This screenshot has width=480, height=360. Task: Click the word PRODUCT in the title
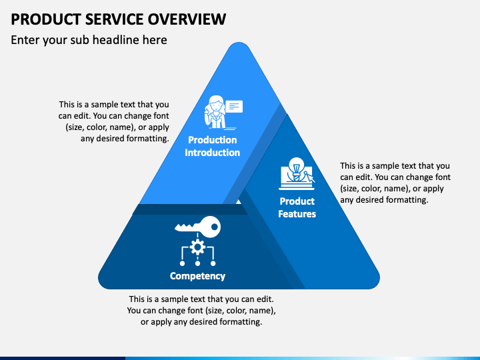click(x=45, y=19)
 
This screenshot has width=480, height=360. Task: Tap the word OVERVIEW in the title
click(x=187, y=19)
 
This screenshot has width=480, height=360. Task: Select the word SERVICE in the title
click(x=114, y=19)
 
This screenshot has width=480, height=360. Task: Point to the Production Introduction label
click(x=213, y=146)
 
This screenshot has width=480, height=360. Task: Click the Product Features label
click(x=297, y=207)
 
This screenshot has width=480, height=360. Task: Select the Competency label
click(x=197, y=276)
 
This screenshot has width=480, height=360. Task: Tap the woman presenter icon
click(x=216, y=112)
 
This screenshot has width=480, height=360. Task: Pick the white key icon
click(x=198, y=227)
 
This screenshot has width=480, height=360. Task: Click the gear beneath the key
click(x=197, y=247)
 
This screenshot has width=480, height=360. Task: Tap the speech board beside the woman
click(x=234, y=107)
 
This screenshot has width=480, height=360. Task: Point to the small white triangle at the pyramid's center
click(x=239, y=202)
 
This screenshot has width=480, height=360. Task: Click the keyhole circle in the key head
click(x=214, y=227)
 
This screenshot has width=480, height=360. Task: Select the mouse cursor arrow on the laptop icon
click(x=311, y=177)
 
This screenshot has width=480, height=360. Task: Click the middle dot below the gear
click(x=197, y=263)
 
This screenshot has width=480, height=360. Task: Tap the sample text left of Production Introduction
click(x=114, y=121)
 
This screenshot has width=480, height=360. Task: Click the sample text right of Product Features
click(x=395, y=183)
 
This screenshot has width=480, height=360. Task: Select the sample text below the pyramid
click(x=201, y=311)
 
